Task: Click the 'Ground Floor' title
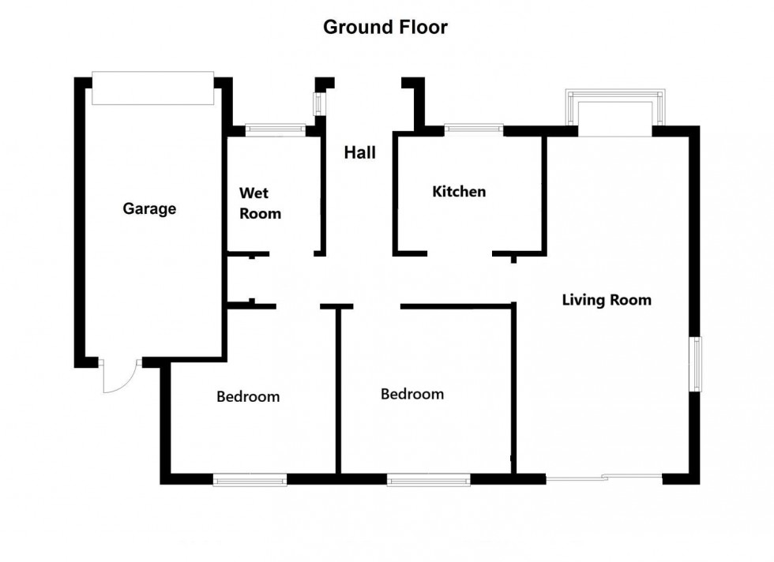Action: (x=385, y=28)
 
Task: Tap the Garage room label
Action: (x=149, y=209)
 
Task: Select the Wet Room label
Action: (x=260, y=203)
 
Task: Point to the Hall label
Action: (x=359, y=153)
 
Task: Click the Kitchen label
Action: (x=459, y=192)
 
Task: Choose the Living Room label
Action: (x=607, y=300)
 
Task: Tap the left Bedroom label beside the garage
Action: (x=248, y=397)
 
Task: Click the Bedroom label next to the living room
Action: (x=412, y=394)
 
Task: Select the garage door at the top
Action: (x=152, y=88)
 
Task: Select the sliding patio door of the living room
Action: (x=604, y=478)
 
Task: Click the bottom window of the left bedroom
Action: (x=250, y=478)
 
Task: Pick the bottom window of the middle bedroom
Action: (x=428, y=478)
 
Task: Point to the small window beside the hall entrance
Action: (x=318, y=104)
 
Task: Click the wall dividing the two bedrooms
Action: (x=338, y=391)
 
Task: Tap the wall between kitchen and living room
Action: (x=544, y=193)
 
